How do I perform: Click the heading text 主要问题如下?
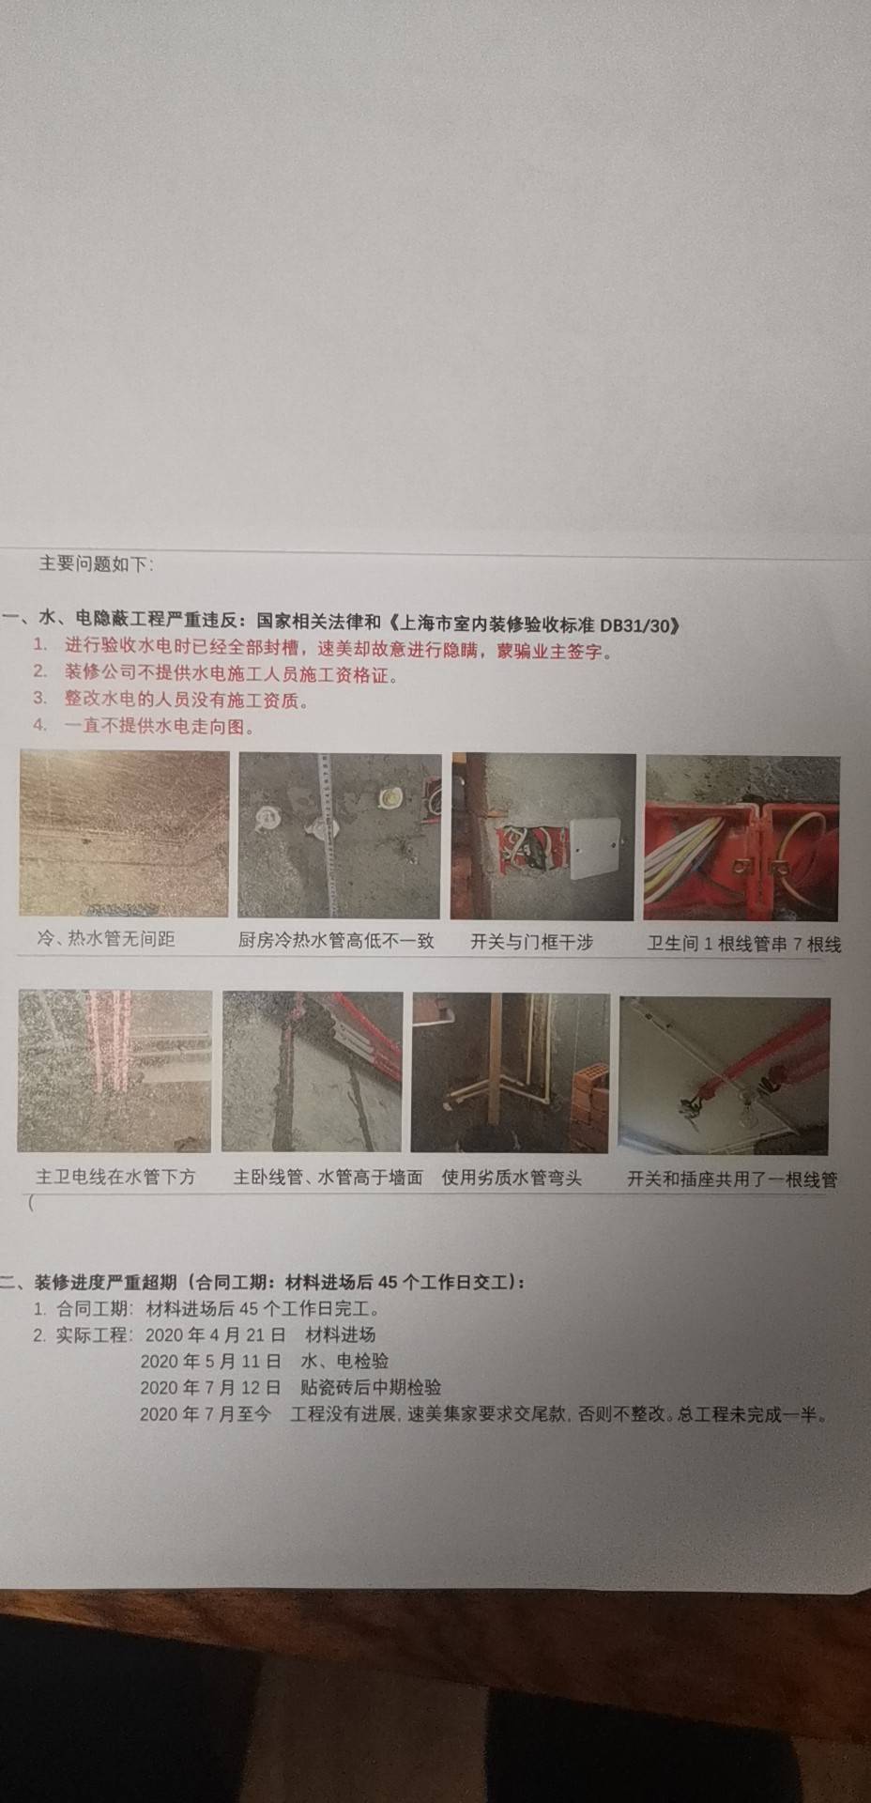tap(96, 563)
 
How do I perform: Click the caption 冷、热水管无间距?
tap(105, 938)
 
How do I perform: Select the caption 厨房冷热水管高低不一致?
tap(336, 940)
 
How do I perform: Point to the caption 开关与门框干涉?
tap(532, 942)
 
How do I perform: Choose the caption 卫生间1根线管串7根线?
tap(743, 944)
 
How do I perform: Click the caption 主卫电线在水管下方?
tap(115, 1176)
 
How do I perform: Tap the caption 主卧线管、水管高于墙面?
tap(328, 1177)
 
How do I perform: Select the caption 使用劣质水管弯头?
tap(512, 1178)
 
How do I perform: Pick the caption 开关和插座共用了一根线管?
tap(732, 1179)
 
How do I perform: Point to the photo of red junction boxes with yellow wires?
tap(741, 839)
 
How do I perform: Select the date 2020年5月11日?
tap(211, 1361)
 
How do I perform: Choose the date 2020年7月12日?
tap(211, 1387)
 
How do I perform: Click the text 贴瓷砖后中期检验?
tap(371, 1387)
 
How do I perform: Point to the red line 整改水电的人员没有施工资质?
tap(187, 700)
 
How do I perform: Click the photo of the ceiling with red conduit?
tap(725, 1076)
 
